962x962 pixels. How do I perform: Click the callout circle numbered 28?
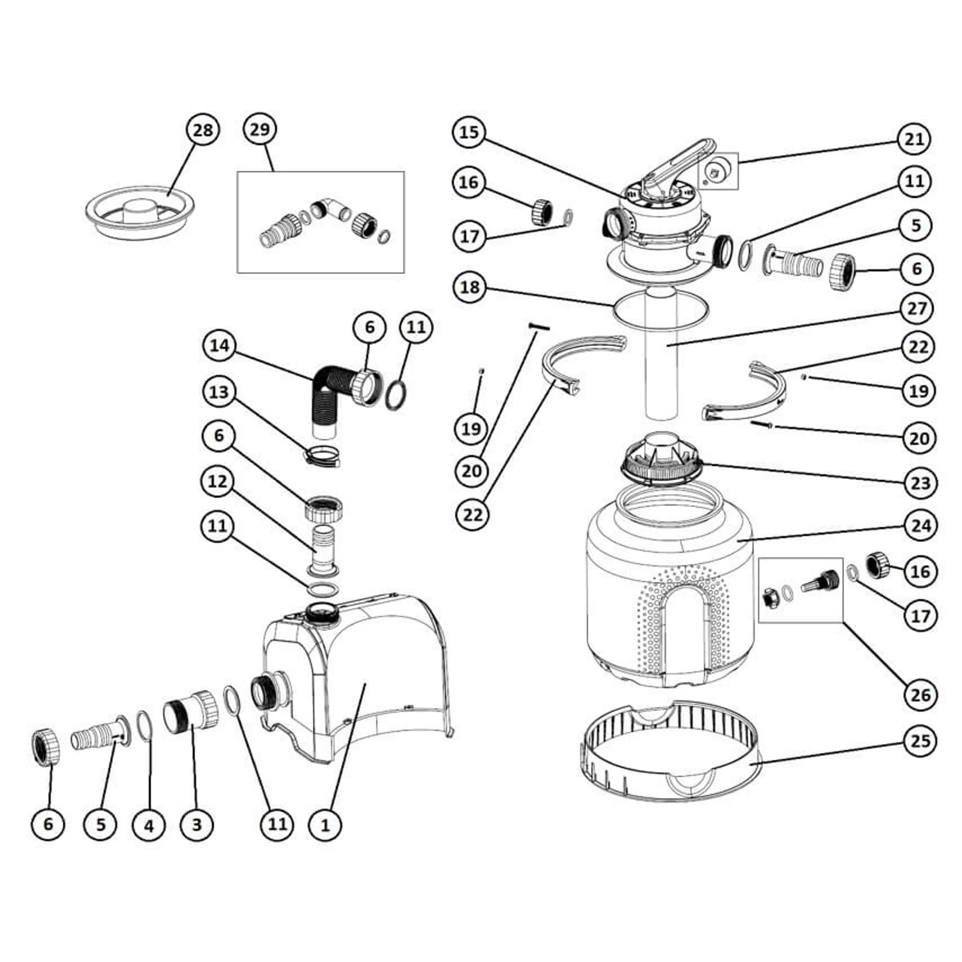(203, 131)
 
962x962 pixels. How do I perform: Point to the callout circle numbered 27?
(917, 309)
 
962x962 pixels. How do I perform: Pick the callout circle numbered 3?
(197, 824)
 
